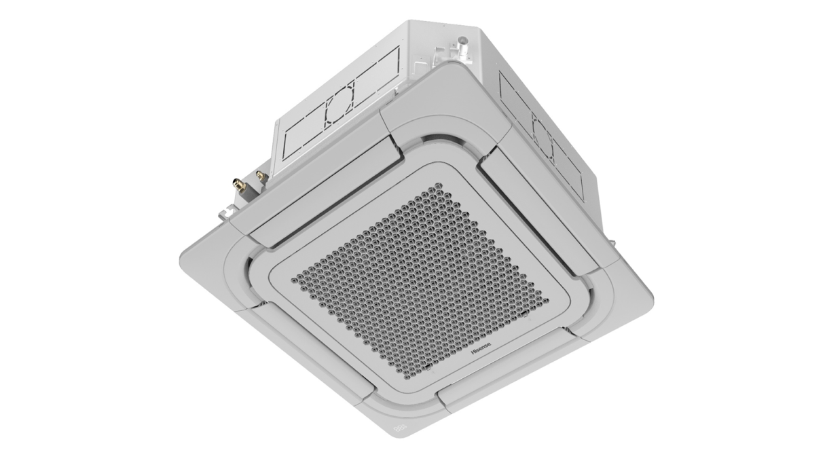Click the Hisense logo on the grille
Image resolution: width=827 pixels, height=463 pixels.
[x=481, y=348]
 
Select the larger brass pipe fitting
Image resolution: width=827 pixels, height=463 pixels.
[x=240, y=185]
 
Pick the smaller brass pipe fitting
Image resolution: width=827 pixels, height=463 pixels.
[x=262, y=176]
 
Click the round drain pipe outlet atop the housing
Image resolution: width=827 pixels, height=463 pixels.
[x=462, y=48]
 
